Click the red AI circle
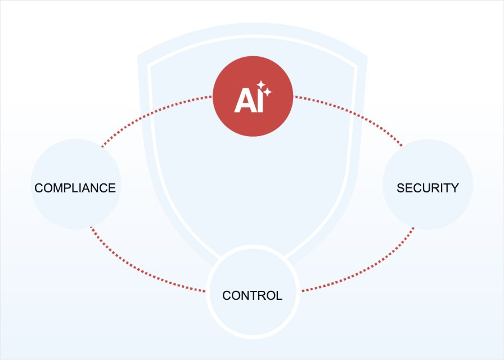click(x=253, y=96)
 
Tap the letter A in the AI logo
click(x=244, y=101)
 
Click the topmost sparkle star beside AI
click(x=261, y=85)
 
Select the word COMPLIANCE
click(x=75, y=188)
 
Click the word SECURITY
click(x=427, y=188)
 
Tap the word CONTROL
click(x=253, y=295)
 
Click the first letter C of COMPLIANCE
click(x=39, y=188)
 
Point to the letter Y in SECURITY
click(x=454, y=188)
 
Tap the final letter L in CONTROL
click(x=280, y=295)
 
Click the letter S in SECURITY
click(x=400, y=188)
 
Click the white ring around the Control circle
click(x=253, y=246)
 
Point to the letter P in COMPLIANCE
click(x=69, y=188)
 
